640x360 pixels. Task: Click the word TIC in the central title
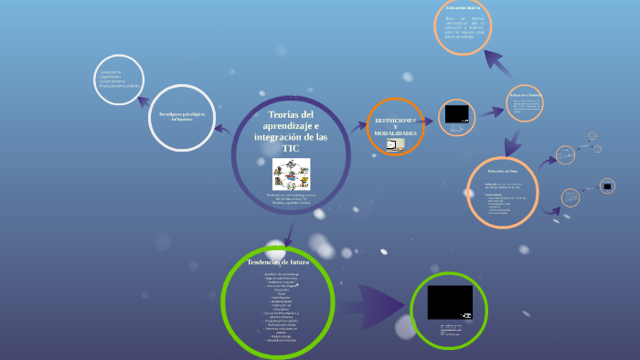point(290,148)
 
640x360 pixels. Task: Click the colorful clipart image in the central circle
point(291,174)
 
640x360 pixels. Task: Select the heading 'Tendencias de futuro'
point(278,262)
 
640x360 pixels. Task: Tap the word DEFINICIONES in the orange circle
point(395,121)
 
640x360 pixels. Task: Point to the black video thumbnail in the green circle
point(450,302)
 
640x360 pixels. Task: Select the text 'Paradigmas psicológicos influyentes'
point(181,117)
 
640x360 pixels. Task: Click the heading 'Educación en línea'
point(502,171)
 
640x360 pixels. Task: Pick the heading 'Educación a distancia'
point(526,94)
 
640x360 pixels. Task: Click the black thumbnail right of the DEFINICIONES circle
point(456,115)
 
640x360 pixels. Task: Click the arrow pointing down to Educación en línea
point(514,142)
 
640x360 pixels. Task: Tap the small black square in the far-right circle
point(607,185)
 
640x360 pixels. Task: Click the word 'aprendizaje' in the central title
point(291,124)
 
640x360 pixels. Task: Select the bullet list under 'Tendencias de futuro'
point(278,307)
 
